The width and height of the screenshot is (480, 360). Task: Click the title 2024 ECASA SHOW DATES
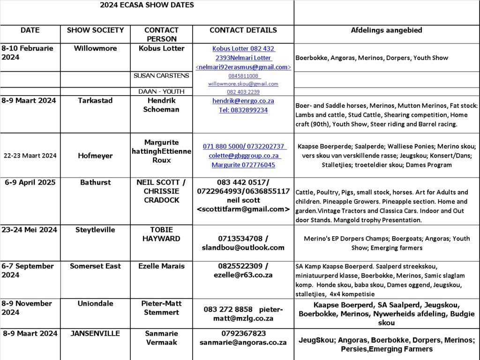pyautogui.click(x=147, y=5)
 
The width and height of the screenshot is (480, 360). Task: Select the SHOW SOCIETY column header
pyautogui.click(x=95, y=30)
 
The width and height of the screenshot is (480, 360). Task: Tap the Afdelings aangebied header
pyautogui.click(x=386, y=30)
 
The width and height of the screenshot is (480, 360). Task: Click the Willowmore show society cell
pyautogui.click(x=95, y=48)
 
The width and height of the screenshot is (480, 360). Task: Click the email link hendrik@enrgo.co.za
pyautogui.click(x=243, y=101)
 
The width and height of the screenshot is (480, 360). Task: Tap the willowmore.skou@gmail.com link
pyautogui.click(x=243, y=84)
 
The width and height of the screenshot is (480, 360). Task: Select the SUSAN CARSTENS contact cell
pyautogui.click(x=161, y=75)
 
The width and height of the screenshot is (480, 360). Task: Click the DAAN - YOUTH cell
pyautogui.click(x=161, y=91)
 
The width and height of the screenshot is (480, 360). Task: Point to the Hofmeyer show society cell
pyautogui.click(x=95, y=156)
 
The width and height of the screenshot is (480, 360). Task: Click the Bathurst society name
pyautogui.click(x=95, y=182)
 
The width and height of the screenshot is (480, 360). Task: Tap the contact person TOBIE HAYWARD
pyautogui.click(x=161, y=234)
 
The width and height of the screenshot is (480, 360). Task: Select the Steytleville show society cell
pyautogui.click(x=95, y=230)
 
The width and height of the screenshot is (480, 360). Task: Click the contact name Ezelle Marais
pyautogui.click(x=161, y=266)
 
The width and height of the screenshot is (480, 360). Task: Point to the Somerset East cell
pyautogui.click(x=95, y=266)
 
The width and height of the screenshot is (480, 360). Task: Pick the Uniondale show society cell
pyautogui.click(x=95, y=303)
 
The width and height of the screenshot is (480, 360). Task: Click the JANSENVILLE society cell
pyautogui.click(x=95, y=333)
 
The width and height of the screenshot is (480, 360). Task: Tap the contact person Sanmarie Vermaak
pyautogui.click(x=161, y=337)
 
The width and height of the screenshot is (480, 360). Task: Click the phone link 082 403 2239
pyautogui.click(x=243, y=92)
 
